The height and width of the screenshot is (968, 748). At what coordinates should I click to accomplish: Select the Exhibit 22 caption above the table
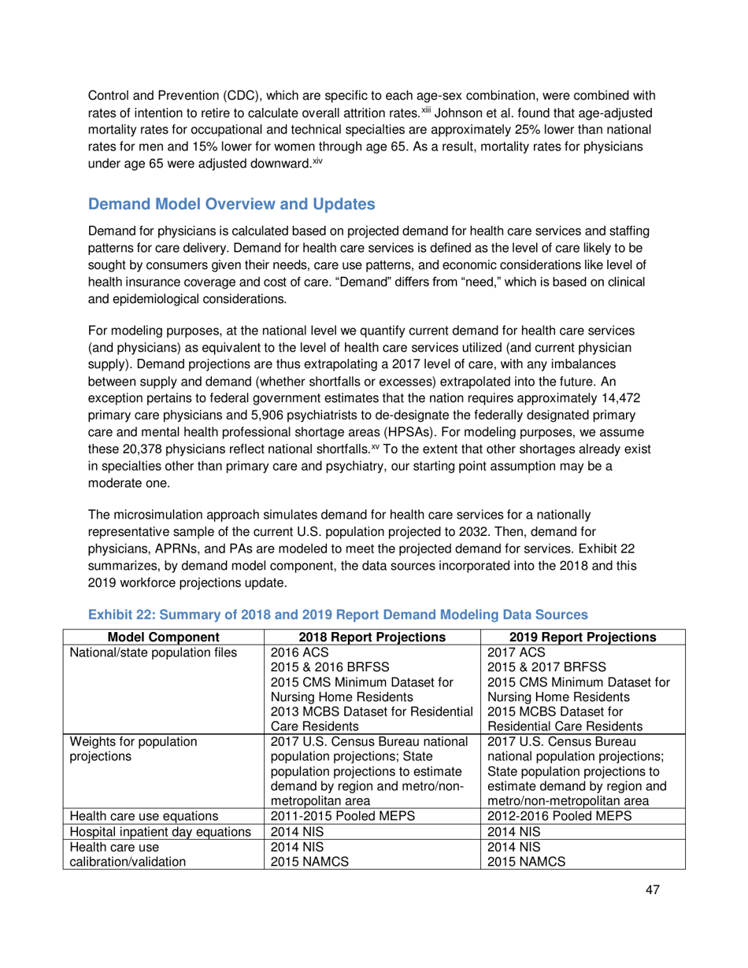coord(338,613)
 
